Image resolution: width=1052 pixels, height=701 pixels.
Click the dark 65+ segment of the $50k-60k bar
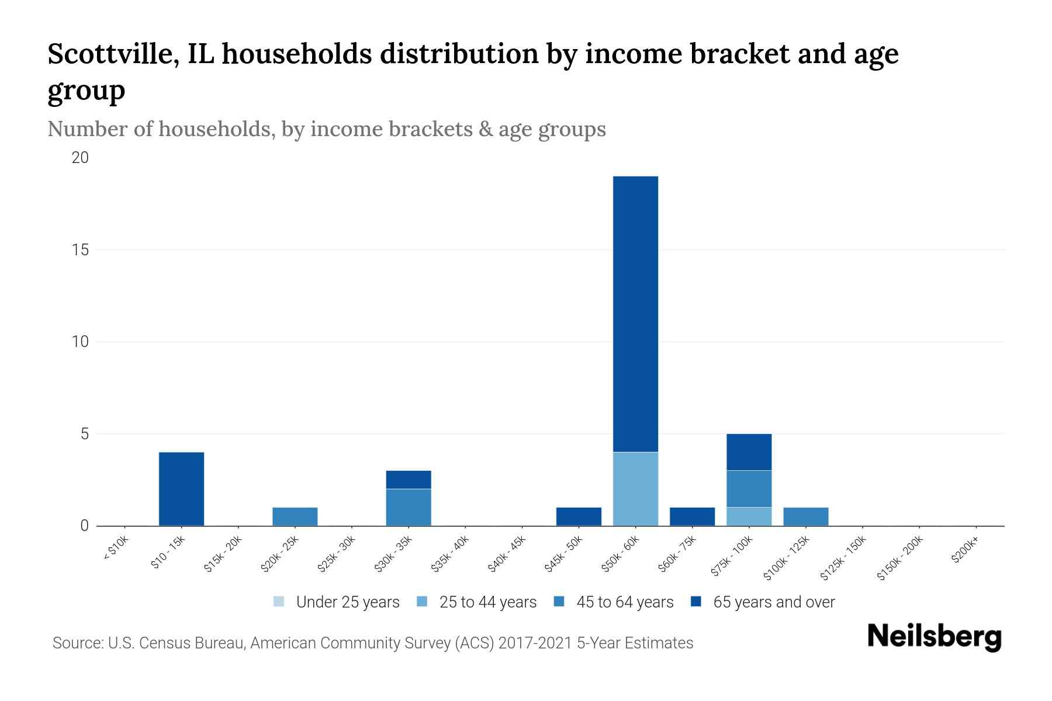click(635, 314)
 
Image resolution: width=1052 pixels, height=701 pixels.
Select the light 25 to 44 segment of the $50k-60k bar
click(635, 489)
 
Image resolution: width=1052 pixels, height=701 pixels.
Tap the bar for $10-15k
click(181, 489)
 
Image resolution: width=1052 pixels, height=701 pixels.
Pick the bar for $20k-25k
click(295, 516)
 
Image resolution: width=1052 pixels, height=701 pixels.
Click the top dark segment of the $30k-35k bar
click(409, 480)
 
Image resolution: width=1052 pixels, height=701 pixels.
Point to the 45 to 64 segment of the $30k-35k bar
click(409, 507)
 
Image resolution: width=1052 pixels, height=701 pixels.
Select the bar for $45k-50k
click(579, 516)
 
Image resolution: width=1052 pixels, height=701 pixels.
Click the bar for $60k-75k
click(692, 516)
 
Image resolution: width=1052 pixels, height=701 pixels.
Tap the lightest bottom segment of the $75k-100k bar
click(749, 516)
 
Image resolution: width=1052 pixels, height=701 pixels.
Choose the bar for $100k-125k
click(805, 516)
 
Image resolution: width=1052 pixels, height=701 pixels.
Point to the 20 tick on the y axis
click(80, 158)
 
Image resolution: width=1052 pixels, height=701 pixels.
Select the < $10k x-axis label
click(116, 549)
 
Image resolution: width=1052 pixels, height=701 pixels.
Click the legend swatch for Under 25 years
click(279, 601)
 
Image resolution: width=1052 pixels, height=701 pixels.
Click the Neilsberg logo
click(934, 636)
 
